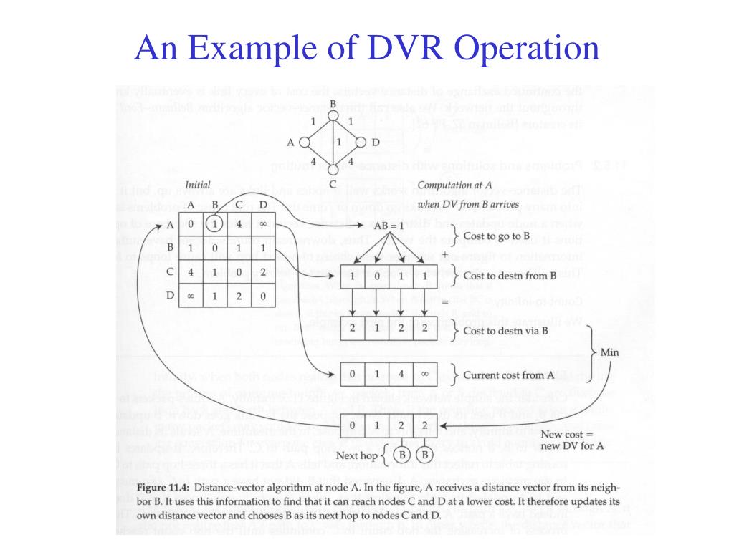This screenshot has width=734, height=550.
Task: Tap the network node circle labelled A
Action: pyautogui.click(x=304, y=143)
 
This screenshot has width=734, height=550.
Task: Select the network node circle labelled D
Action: pyautogui.click(x=361, y=143)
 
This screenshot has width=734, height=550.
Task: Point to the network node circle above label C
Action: pyautogui.click(x=333, y=169)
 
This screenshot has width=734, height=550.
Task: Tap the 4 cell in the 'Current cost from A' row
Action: pyautogui.click(x=401, y=374)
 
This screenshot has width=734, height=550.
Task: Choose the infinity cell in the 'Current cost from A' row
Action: pyautogui.click(x=426, y=374)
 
